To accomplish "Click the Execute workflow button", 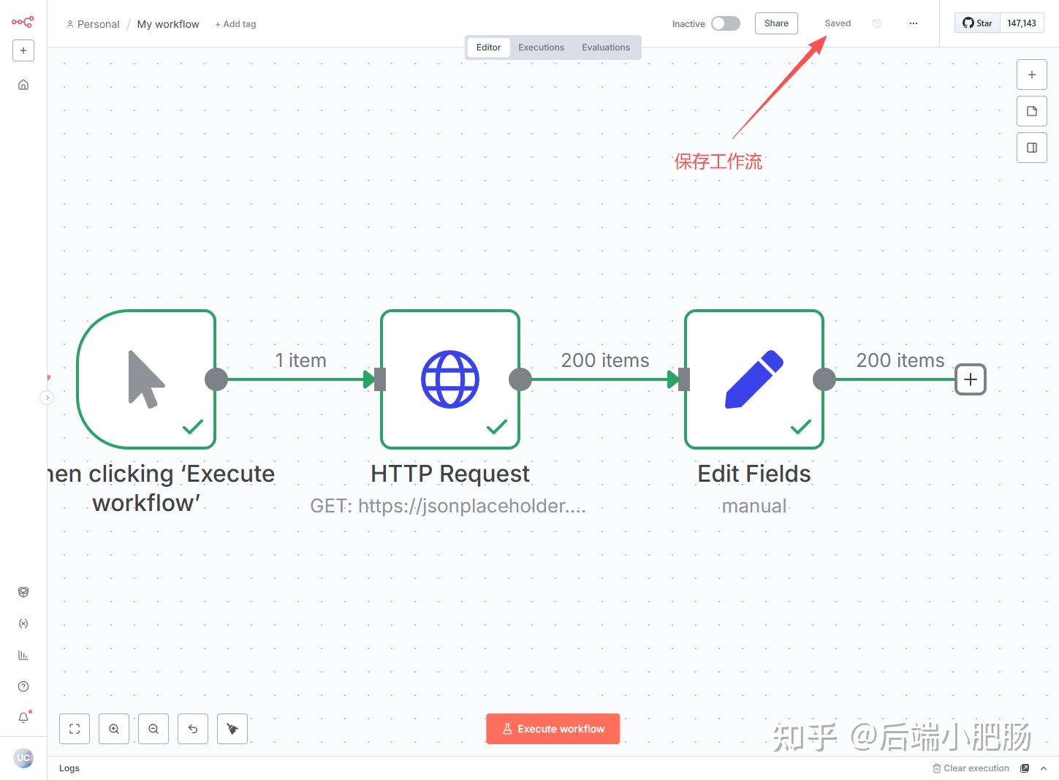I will [x=553, y=729].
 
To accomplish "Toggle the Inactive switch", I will [x=725, y=23].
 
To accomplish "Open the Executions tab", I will [x=541, y=48].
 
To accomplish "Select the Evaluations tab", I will [x=605, y=48].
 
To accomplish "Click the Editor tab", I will [x=488, y=48].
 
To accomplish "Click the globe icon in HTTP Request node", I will [x=450, y=379].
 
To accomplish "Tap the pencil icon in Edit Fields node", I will [x=754, y=379].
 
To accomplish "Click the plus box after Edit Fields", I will [x=971, y=379].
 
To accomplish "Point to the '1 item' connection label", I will [x=300, y=360].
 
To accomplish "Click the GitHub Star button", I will [x=977, y=23].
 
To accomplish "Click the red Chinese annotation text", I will [x=718, y=162].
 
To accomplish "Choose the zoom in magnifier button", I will [x=114, y=729].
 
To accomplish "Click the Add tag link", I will [x=235, y=24].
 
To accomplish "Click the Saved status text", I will [x=838, y=23].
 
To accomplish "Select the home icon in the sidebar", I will [x=23, y=85].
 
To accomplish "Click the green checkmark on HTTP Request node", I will [x=497, y=426].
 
